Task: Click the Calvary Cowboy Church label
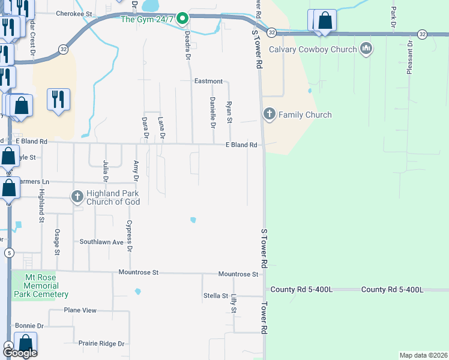pyautogui.click(x=313, y=49)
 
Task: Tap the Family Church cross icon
pyautogui.click(x=270, y=114)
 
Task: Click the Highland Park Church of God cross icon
pyautogui.click(x=77, y=196)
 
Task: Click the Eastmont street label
pyautogui.click(x=209, y=81)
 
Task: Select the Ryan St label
pyautogui.click(x=229, y=112)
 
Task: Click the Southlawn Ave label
pyautogui.click(x=101, y=242)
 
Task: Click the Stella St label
pyautogui.click(x=215, y=295)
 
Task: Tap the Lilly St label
pyautogui.click(x=234, y=302)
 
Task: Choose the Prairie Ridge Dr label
pyautogui.click(x=101, y=344)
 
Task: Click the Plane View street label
pyautogui.click(x=80, y=310)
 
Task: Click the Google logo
pyautogui.click(x=20, y=353)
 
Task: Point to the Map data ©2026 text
pyautogui.click(x=423, y=355)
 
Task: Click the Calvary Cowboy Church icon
pyautogui.click(x=366, y=49)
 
